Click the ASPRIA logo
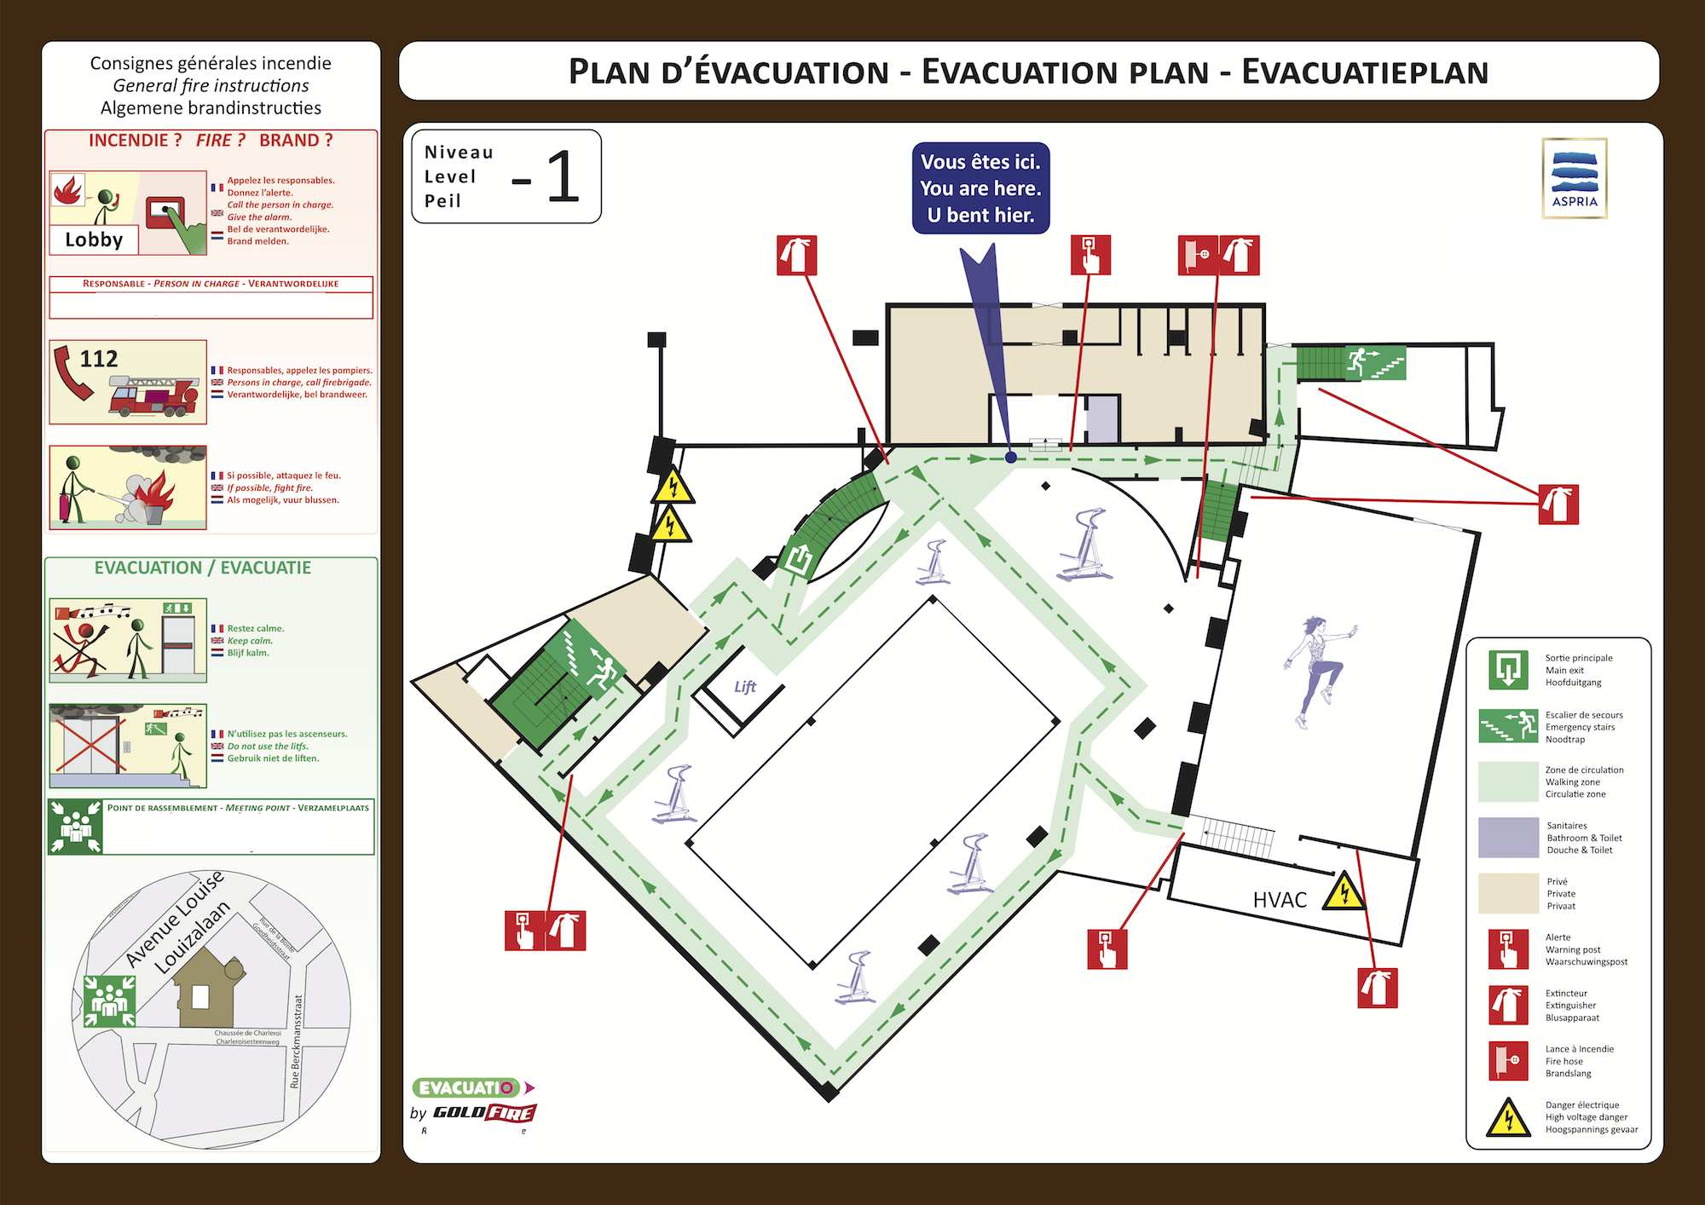[1574, 178]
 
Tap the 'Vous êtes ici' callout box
[980, 188]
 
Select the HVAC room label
[1280, 900]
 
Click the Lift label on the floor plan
[745, 687]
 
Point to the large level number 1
[562, 177]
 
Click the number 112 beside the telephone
[99, 359]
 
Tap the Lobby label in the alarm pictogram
[94, 239]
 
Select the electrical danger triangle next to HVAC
[1344, 892]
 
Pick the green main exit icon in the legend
[1508, 670]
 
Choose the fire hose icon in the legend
[1508, 1061]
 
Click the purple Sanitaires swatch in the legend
[1508, 838]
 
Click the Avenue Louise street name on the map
[174, 919]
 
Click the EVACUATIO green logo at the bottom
[466, 1087]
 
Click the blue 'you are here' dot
[1011, 458]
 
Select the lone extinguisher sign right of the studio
[1558, 504]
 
